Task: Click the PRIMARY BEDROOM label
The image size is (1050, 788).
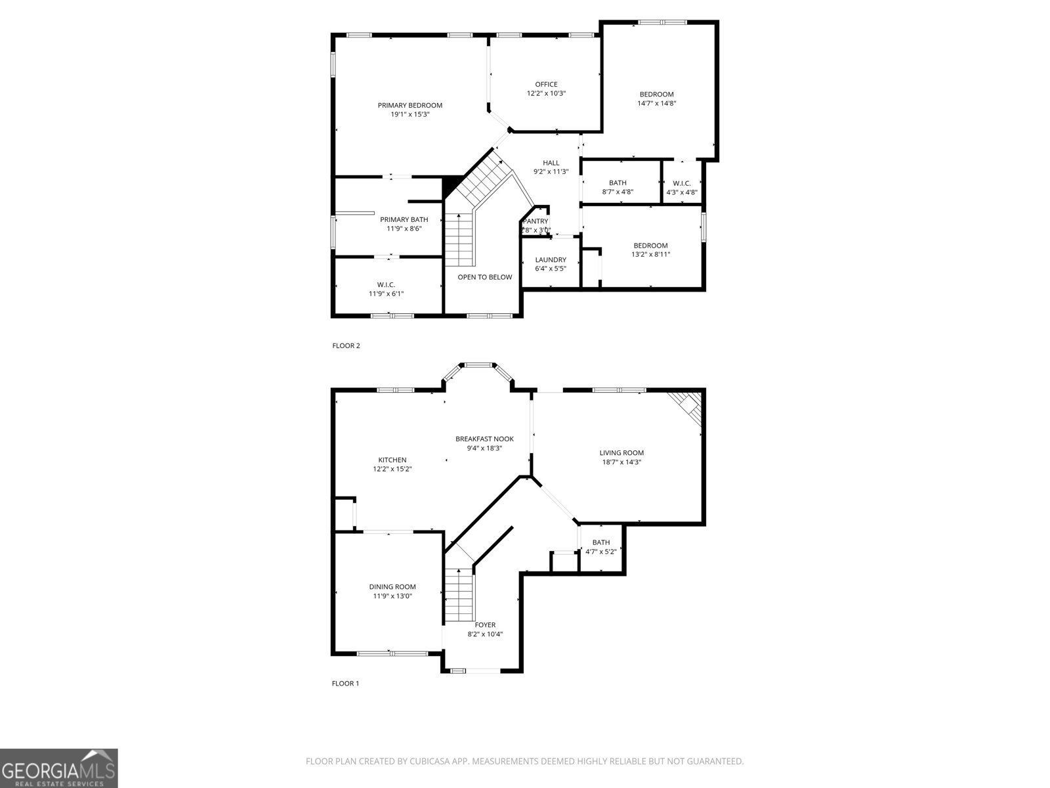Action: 409,106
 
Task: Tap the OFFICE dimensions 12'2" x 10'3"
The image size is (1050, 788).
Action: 546,94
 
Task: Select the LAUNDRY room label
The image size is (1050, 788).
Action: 550,260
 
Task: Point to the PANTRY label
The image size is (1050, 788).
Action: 535,222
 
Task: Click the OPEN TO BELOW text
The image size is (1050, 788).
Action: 484,277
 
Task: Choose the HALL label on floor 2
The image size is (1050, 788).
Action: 551,163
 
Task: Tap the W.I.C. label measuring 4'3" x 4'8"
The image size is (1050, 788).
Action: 681,184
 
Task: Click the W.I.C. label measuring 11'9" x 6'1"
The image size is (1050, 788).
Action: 386,285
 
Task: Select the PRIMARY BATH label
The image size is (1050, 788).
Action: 404,220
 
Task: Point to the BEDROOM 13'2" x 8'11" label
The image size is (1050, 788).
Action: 650,246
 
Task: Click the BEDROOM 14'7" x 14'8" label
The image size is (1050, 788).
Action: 656,95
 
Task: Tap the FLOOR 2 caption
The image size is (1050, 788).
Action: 346,346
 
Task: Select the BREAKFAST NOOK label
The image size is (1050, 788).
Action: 484,439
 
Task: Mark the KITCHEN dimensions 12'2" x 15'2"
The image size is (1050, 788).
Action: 392,470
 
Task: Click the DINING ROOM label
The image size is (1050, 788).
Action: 392,587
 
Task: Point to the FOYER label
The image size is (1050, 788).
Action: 485,625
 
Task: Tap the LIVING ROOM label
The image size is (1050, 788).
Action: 621,453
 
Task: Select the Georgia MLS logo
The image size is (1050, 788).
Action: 59,768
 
